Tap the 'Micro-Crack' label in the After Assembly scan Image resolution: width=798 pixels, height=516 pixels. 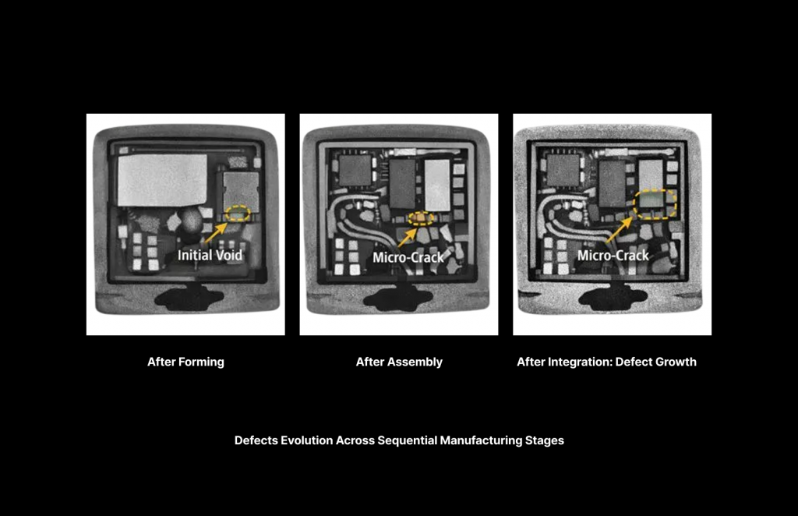[x=408, y=256]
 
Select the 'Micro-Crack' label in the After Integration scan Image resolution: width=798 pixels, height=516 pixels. [x=613, y=255]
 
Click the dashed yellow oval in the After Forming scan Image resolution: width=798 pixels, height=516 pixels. [x=237, y=213]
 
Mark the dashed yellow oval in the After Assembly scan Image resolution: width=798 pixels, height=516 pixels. [x=422, y=217]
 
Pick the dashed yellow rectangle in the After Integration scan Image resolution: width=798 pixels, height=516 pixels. [x=654, y=204]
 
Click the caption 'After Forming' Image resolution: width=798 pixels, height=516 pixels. [x=185, y=362]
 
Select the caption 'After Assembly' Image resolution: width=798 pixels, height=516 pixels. [x=399, y=362]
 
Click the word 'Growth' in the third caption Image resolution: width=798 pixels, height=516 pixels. [x=676, y=362]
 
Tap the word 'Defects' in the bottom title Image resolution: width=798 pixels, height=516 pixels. [x=256, y=440]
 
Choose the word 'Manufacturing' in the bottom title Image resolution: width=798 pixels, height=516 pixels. [x=478, y=440]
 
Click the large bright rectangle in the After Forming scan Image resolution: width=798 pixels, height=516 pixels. [x=161, y=179]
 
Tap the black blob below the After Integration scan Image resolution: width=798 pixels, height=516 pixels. [x=613, y=297]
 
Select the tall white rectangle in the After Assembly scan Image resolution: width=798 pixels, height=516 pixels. [x=437, y=185]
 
